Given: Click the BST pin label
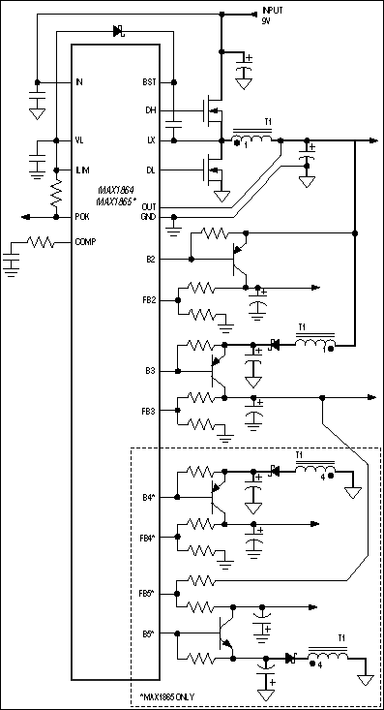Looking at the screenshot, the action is click(x=149, y=82).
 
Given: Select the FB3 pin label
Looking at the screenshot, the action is click(x=149, y=411).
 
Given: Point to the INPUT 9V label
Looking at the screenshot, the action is click(x=273, y=15).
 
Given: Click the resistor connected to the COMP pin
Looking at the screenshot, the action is click(x=41, y=242).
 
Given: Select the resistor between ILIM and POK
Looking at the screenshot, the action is click(x=56, y=194).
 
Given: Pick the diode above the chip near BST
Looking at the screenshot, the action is click(x=119, y=31).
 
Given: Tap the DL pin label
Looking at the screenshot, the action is click(x=150, y=170).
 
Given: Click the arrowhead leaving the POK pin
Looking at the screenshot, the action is click(x=26, y=217).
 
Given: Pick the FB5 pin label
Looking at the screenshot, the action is click(x=149, y=594).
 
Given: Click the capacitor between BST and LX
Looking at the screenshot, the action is click(x=174, y=124).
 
